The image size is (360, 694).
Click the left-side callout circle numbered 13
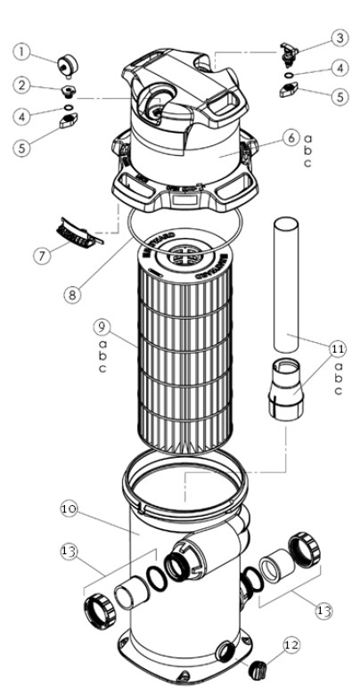click(70, 552)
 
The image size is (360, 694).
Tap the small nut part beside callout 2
click(67, 91)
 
